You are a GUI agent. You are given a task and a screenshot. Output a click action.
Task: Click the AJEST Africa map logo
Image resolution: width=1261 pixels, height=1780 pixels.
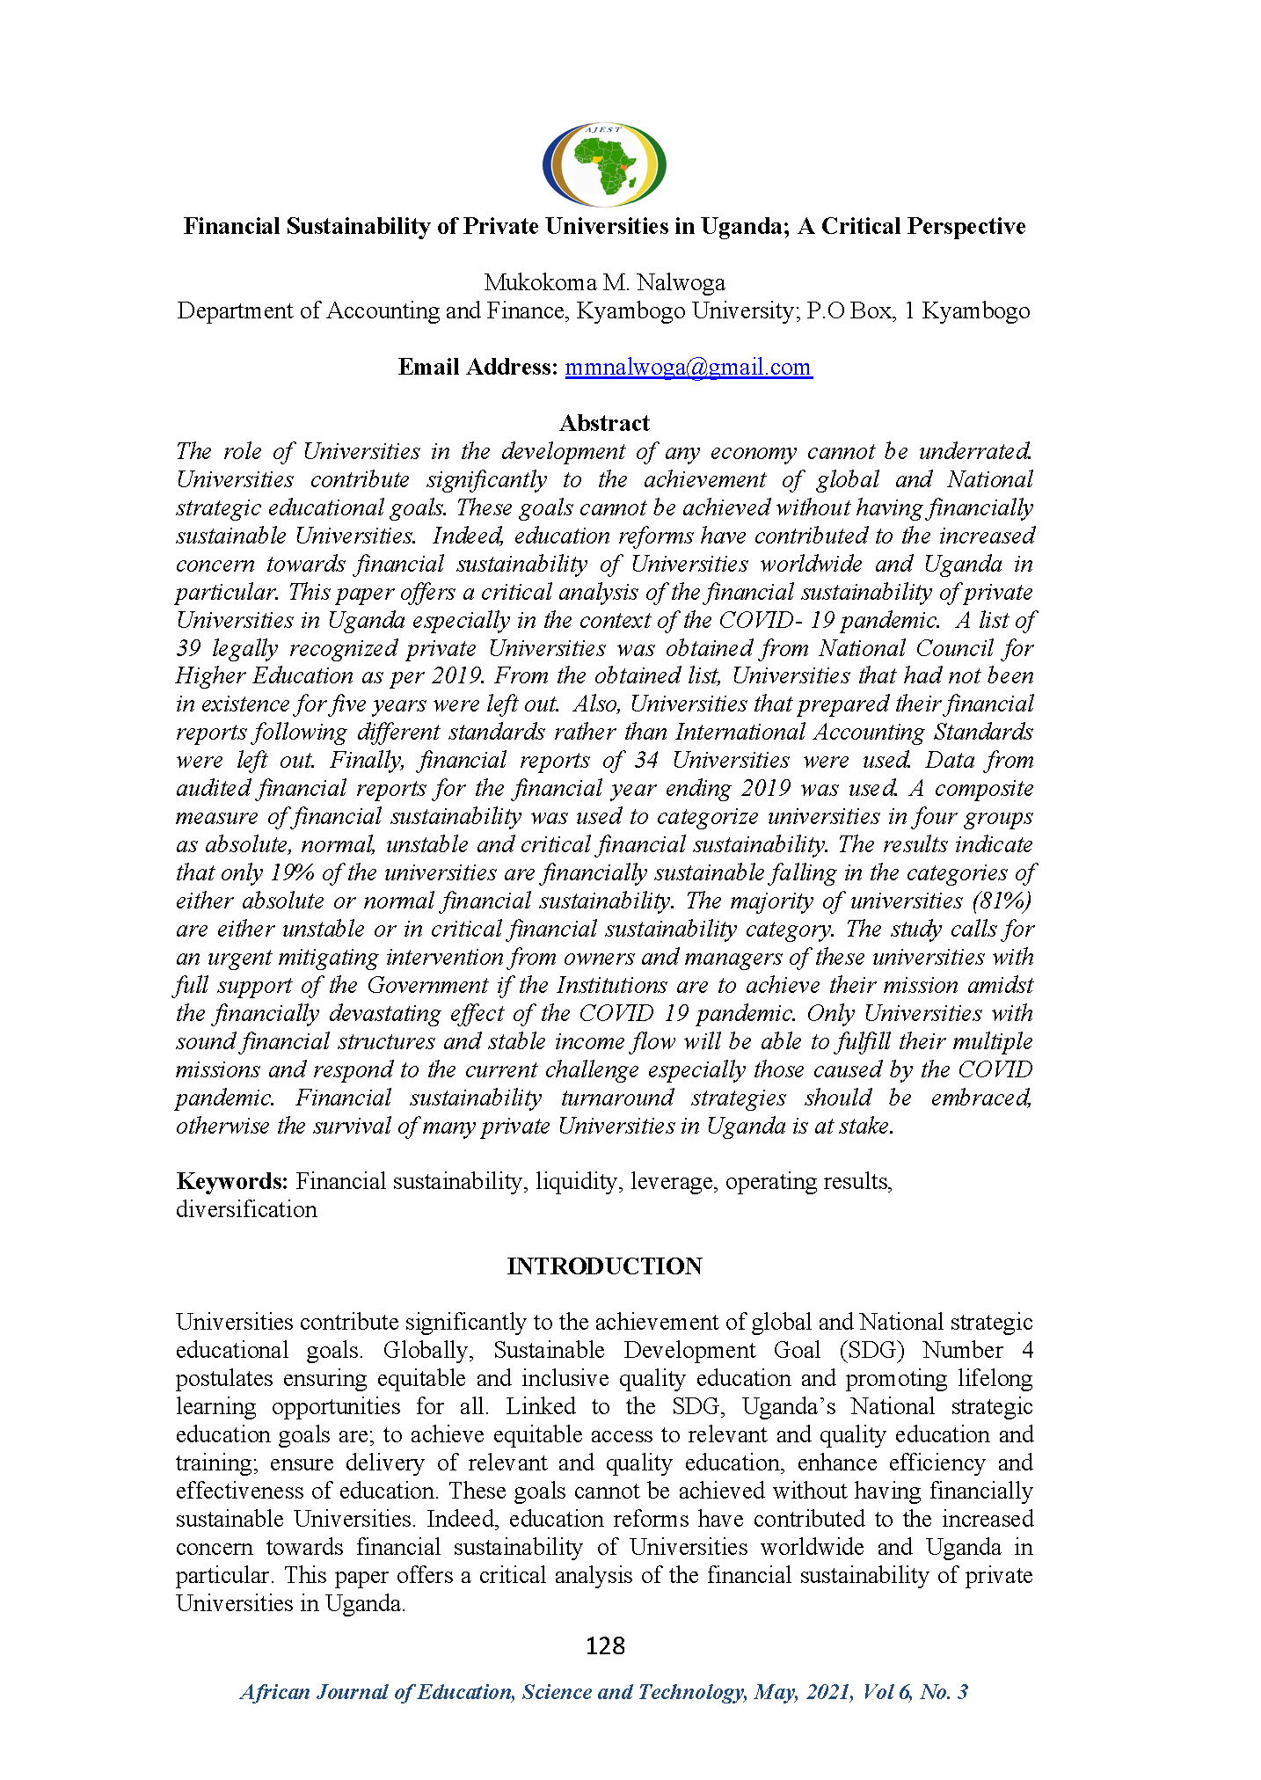(x=604, y=164)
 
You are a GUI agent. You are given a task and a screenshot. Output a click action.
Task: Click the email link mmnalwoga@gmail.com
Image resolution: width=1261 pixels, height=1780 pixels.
(x=688, y=367)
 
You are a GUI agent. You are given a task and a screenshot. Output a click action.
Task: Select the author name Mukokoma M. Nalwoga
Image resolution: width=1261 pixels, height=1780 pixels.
(x=604, y=282)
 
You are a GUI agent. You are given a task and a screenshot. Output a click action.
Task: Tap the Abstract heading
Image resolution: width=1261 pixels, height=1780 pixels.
(x=604, y=423)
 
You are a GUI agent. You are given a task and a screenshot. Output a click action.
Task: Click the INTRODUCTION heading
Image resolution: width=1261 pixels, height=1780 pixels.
(x=604, y=1266)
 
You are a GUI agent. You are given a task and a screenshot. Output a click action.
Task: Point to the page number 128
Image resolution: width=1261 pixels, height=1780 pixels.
(x=605, y=1645)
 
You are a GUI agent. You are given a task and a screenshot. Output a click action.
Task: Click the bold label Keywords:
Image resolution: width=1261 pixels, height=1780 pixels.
(x=232, y=1181)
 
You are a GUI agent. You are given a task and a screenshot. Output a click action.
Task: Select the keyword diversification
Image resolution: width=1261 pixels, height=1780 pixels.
(x=246, y=1209)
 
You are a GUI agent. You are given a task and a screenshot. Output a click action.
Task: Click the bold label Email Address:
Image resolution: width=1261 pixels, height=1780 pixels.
(x=477, y=367)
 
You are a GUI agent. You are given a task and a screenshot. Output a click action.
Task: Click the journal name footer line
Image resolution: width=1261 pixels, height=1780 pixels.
(x=604, y=1692)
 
